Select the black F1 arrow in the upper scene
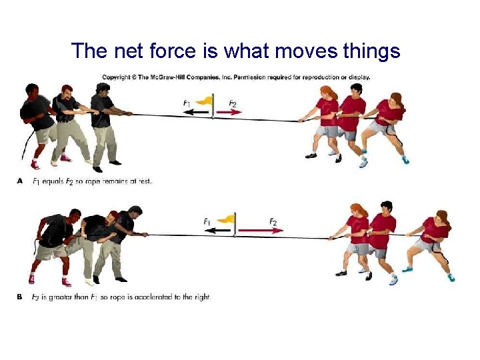[x=197, y=113]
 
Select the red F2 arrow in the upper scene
[x=228, y=113]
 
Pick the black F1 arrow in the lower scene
[x=219, y=230]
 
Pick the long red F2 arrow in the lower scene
[x=260, y=230]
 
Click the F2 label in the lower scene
[x=273, y=221]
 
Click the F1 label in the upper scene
[x=187, y=103]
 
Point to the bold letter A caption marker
[x=20, y=181]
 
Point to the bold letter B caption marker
[x=20, y=297]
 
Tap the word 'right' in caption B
[x=201, y=297]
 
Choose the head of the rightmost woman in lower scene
[x=441, y=217]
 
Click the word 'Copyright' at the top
[x=117, y=77]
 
